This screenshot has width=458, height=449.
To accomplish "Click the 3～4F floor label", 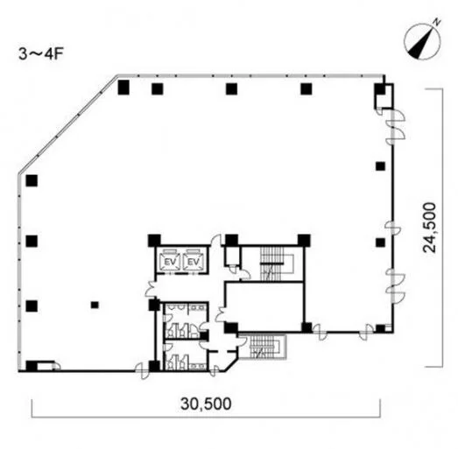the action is coord(41,53).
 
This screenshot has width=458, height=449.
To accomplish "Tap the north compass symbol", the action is coord(423,41).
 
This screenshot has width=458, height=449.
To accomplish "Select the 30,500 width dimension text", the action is coord(206,404).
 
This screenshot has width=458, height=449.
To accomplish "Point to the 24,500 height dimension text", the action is coord(430,228).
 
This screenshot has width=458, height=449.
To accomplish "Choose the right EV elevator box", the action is coord(193,261).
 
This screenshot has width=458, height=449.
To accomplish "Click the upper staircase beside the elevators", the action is coord(272,263).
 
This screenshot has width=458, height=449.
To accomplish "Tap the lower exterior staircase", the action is coord(265,347).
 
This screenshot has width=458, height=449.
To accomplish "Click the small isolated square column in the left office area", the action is coord(95,305).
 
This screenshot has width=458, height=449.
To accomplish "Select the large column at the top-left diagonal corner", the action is coord(123,88).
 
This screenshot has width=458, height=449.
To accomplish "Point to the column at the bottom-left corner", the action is coord(32,366).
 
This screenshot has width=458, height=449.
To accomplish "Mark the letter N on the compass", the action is coord(437,22).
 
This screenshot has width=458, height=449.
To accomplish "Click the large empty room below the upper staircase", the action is coord(264,307).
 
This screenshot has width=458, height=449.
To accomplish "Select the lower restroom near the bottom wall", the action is coord(186,354).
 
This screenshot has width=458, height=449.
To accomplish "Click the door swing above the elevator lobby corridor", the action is coord(216,240).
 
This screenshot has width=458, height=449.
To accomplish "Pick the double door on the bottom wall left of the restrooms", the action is coord(143,371).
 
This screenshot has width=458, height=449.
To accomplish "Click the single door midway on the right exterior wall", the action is coord(391,228).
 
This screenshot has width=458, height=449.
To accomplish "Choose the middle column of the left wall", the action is coord(32,242).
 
